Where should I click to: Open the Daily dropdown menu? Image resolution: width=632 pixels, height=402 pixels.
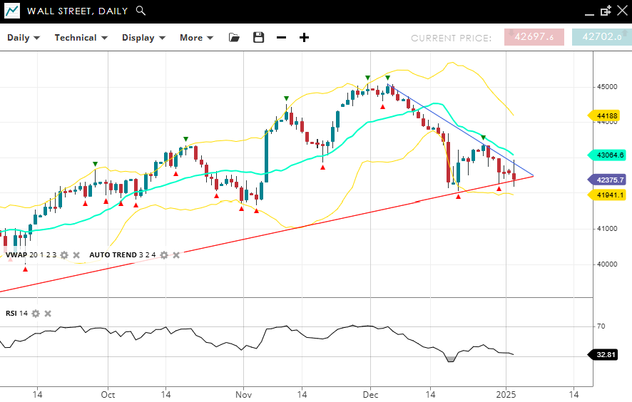(24, 38)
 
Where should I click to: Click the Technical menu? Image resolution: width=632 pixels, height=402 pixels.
(81, 38)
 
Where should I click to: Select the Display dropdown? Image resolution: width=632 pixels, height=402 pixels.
(143, 38)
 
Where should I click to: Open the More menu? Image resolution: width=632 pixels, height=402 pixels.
(196, 38)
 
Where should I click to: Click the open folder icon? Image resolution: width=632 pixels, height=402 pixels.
(235, 38)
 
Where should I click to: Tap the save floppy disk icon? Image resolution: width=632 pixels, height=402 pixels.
(258, 38)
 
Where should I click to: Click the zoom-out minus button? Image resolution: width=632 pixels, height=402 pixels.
(281, 38)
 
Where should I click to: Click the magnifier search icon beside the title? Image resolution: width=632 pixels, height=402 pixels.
(141, 11)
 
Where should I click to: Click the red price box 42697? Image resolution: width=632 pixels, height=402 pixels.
(534, 37)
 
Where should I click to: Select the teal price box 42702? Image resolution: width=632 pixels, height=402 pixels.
(601, 37)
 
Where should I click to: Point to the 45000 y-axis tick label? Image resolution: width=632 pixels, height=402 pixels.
(608, 87)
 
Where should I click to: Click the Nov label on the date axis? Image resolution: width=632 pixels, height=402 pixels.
(243, 394)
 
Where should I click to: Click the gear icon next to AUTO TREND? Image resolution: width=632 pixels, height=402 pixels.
(163, 254)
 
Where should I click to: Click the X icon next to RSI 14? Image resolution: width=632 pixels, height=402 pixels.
(48, 313)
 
